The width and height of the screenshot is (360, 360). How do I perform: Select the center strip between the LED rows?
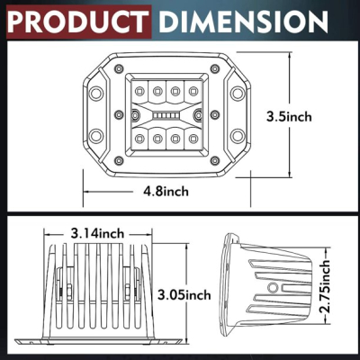[x=166, y=115]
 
